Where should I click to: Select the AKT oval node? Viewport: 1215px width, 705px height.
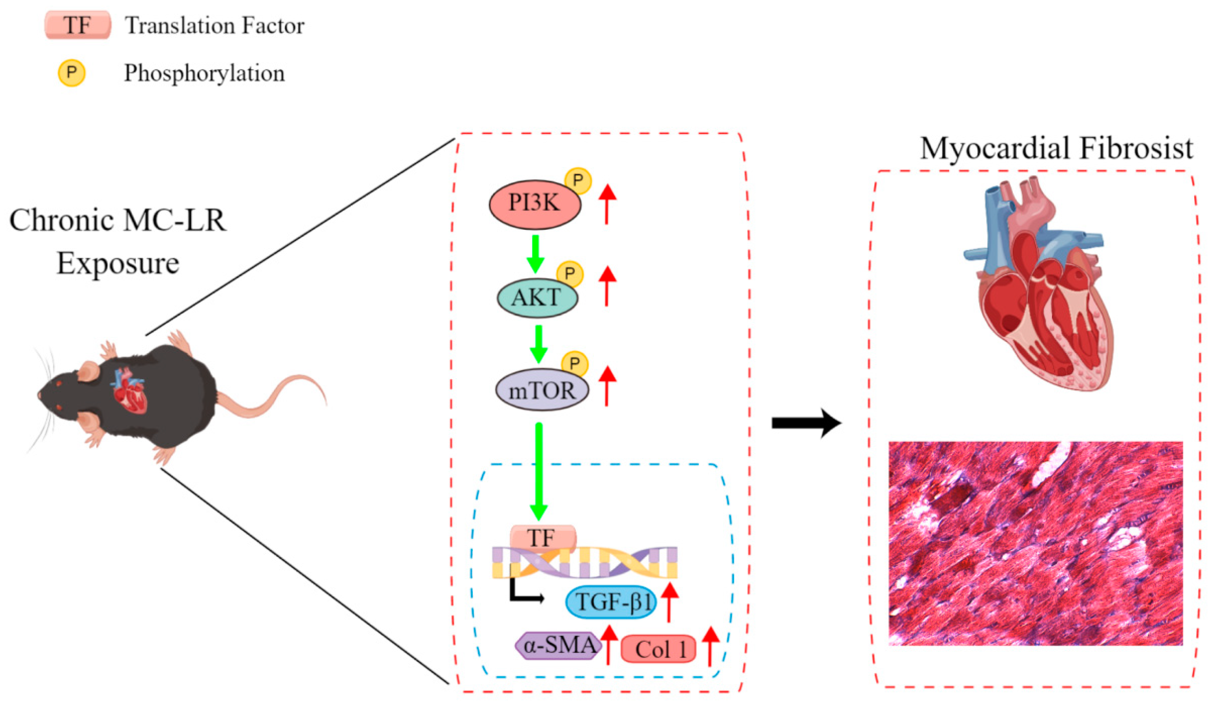pyautogui.click(x=537, y=297)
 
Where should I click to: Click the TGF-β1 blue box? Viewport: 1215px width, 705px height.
pyautogui.click(x=610, y=602)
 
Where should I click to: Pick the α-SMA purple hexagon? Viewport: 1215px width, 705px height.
pyautogui.click(x=559, y=646)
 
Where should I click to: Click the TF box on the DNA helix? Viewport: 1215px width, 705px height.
pyautogui.click(x=543, y=538)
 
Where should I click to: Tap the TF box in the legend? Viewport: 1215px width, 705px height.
pyautogui.click(x=78, y=25)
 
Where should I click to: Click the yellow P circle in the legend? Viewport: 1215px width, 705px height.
pyautogui.click(x=71, y=73)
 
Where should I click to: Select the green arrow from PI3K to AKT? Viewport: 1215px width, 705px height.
pyautogui.click(x=535, y=254)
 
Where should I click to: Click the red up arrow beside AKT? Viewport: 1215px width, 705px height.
pyautogui.click(x=607, y=286)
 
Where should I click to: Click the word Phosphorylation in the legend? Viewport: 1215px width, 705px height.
pyautogui.click(x=205, y=73)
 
